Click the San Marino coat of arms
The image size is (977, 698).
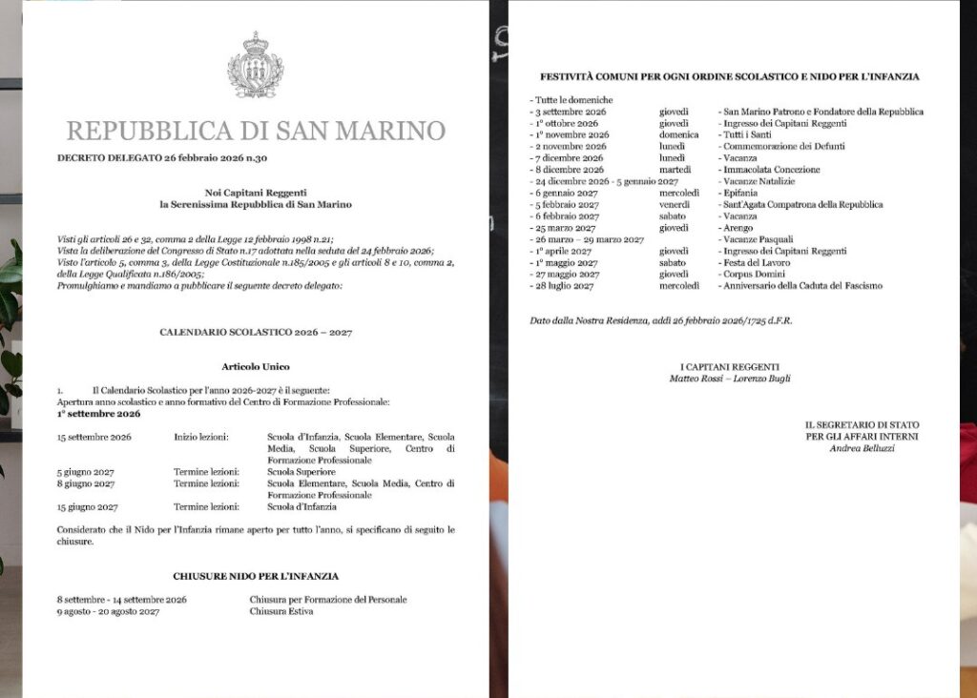(x=255, y=66)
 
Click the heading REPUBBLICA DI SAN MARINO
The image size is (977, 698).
(x=256, y=131)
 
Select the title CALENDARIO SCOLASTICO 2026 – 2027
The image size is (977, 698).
(x=256, y=332)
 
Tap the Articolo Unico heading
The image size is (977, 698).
(x=256, y=366)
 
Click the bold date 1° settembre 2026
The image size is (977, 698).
(x=98, y=414)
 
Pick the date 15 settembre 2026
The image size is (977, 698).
(x=94, y=437)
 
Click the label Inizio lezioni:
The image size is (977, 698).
(x=200, y=437)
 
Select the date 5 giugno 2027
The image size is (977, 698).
(x=87, y=472)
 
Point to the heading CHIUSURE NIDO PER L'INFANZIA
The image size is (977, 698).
(x=256, y=576)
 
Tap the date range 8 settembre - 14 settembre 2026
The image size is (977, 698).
(x=122, y=600)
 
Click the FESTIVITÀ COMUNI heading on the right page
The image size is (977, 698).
(x=730, y=76)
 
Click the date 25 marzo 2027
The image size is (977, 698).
(x=565, y=228)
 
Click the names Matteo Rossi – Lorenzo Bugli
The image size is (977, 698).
(x=730, y=379)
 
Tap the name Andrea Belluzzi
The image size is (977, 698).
(x=863, y=448)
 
